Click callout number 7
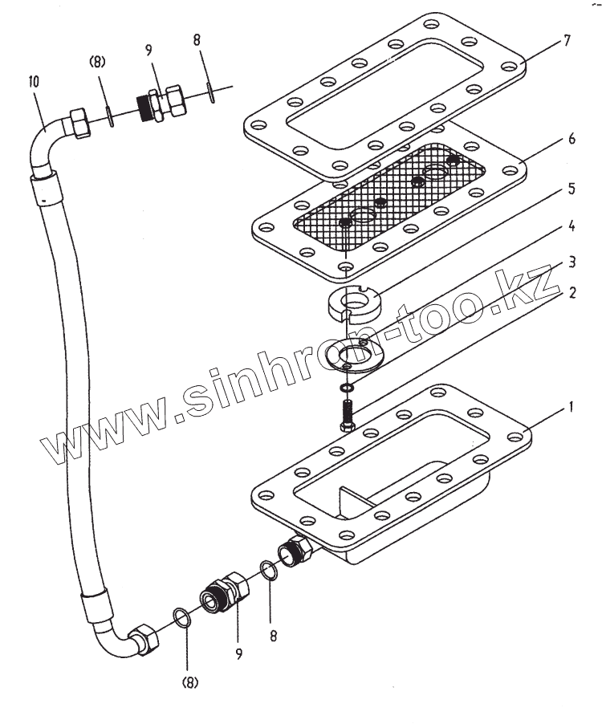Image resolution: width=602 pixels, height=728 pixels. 567,41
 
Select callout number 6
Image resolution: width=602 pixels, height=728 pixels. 571,139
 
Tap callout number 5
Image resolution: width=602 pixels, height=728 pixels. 571,189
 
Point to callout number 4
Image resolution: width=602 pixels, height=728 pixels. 571,227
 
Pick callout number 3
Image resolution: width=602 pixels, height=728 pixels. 571,261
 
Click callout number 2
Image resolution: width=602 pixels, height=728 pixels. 571,293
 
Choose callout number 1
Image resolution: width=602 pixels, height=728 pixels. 571,408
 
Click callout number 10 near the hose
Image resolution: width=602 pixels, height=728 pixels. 33,81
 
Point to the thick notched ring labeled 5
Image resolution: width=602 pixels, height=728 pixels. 352,306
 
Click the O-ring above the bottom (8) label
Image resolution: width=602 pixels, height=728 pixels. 184,620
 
